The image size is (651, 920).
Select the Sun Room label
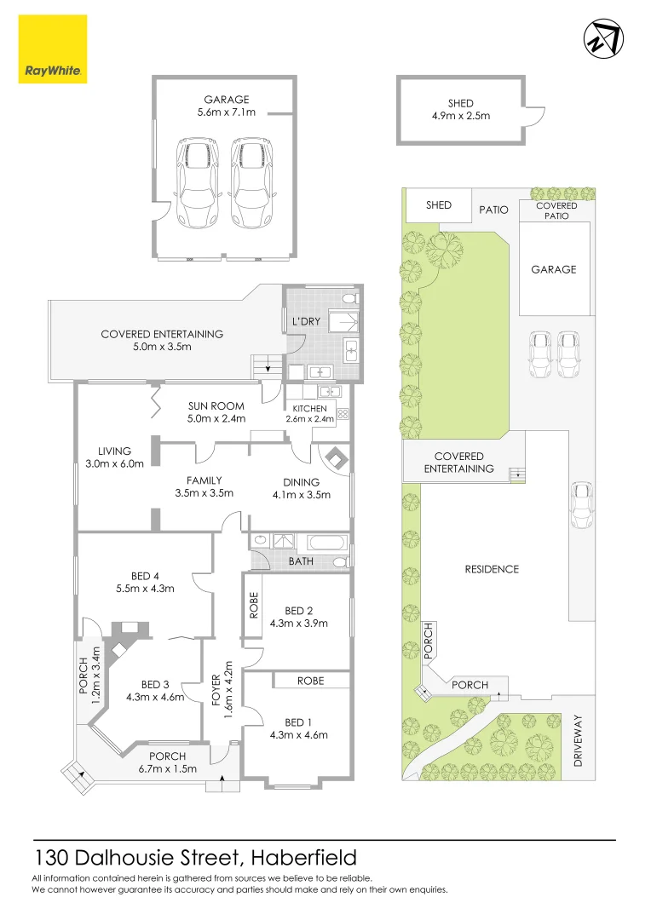tap(216, 405)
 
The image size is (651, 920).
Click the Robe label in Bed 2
tap(253, 606)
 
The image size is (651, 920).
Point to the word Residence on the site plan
tap(492, 569)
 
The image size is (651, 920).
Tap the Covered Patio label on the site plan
tap(556, 210)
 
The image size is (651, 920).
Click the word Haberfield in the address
tap(306, 857)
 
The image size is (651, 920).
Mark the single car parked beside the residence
tap(581, 506)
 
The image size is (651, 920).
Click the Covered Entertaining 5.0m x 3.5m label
tap(162, 340)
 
